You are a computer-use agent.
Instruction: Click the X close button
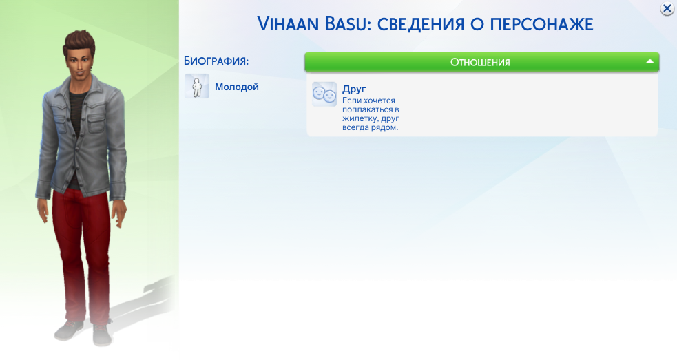[x=667, y=8]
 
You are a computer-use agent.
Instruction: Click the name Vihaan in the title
[x=288, y=24]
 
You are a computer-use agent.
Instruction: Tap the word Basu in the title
[x=346, y=24]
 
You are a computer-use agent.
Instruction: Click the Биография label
[x=216, y=61]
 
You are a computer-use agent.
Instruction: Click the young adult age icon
[x=197, y=86]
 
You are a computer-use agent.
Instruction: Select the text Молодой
[x=237, y=87]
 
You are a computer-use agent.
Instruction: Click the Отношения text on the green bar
[x=480, y=62]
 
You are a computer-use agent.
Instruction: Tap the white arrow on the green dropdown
[x=650, y=62]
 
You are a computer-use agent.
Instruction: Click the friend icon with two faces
[x=324, y=94]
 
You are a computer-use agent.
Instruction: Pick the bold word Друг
[x=354, y=89]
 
